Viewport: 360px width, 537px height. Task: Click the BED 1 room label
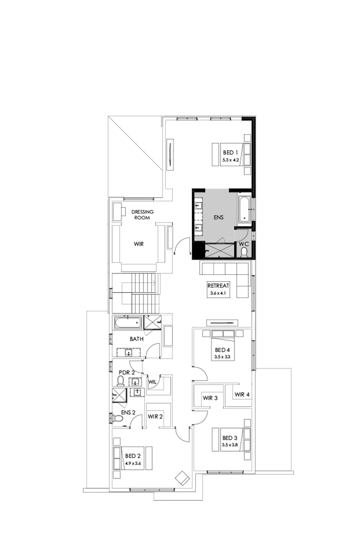230,153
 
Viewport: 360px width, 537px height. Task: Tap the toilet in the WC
244,252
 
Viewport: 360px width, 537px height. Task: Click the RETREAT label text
218,286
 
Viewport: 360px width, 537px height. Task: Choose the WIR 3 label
210,398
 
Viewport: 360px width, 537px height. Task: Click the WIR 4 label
242,395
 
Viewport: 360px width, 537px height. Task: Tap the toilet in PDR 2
121,381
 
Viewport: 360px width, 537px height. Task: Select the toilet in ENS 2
118,418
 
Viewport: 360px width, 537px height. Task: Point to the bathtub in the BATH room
128,323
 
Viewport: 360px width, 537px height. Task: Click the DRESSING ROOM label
142,214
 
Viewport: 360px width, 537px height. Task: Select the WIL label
152,382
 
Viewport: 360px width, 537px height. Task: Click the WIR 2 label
155,417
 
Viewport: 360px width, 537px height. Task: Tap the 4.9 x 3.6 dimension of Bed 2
132,463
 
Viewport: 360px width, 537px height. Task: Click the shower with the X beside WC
219,251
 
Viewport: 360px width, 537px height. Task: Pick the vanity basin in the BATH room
128,353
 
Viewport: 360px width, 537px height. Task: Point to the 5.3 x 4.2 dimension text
230,160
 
